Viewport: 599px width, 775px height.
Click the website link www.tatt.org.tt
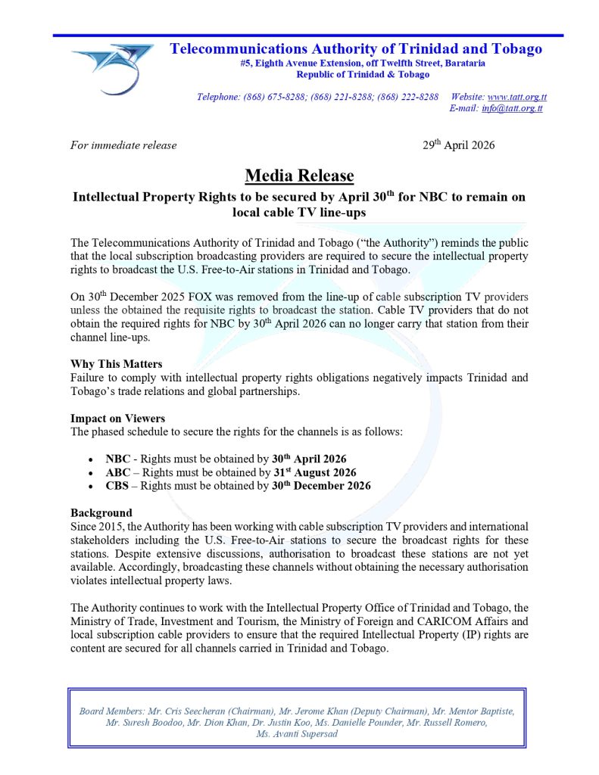517,97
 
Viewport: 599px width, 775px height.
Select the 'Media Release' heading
299,176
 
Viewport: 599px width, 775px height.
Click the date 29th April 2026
458,145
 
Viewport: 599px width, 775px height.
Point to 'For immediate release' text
123,145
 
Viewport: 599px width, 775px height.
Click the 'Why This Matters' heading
116,364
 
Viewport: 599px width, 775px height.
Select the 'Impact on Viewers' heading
117,419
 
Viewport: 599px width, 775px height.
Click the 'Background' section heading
101,513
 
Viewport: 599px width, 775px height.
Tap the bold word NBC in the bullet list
118,459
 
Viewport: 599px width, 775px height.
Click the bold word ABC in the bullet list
118,472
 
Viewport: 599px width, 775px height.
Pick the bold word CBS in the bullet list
117,486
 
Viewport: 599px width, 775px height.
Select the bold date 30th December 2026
321,486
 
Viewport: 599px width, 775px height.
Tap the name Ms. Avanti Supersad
297,734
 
